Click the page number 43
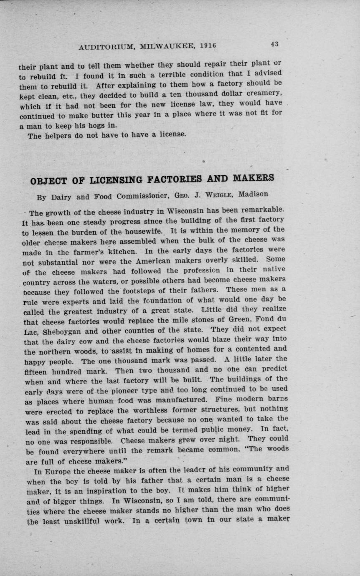click(274, 44)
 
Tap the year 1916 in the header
click(208, 45)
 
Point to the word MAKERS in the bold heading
click(254, 178)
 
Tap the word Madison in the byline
click(254, 194)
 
